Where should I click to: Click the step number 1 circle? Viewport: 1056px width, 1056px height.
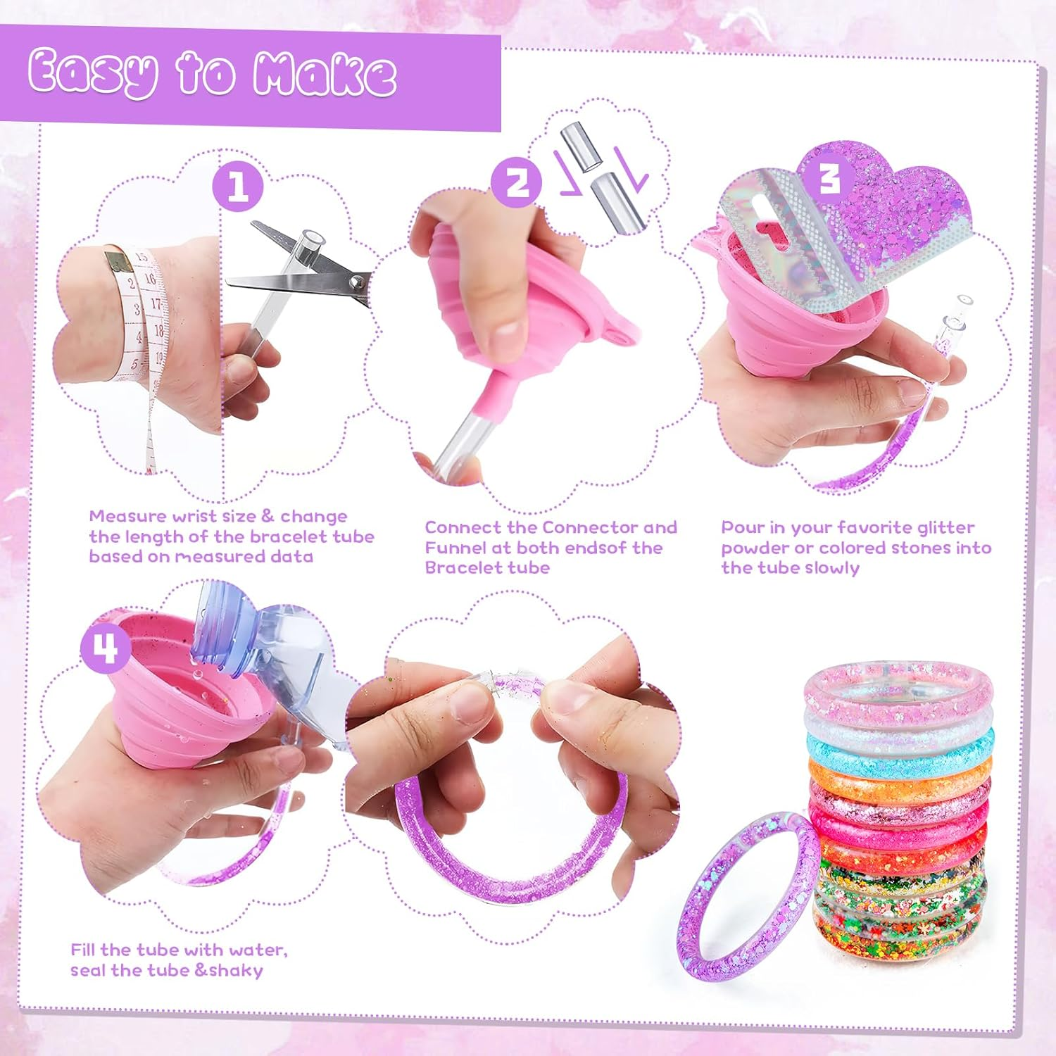click(238, 186)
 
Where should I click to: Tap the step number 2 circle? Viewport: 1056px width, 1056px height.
click(517, 182)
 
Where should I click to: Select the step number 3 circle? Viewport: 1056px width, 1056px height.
click(830, 177)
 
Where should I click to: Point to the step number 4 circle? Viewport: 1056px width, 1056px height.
click(106, 648)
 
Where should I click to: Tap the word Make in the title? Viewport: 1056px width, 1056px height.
click(325, 74)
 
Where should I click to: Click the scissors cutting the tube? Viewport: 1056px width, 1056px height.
click(303, 271)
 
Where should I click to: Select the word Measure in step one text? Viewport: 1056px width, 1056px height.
click(129, 516)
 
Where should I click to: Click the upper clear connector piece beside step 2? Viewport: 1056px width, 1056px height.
click(578, 146)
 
